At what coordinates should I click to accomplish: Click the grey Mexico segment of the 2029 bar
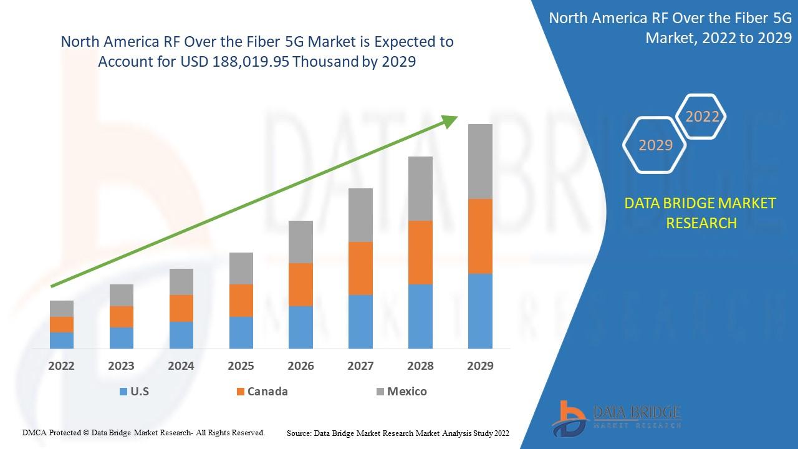(480, 162)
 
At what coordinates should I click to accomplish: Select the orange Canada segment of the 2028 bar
(420, 253)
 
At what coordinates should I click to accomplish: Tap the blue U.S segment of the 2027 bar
(360, 322)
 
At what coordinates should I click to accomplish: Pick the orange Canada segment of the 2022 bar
(62, 325)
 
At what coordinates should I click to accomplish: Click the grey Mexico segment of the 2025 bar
(241, 268)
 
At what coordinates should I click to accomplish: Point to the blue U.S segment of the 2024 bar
(181, 336)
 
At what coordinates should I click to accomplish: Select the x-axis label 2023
(121, 366)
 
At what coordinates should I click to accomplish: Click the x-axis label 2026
(300, 366)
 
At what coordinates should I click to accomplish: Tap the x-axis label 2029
(480, 366)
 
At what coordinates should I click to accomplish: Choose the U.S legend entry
(134, 392)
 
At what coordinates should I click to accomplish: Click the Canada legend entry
(262, 392)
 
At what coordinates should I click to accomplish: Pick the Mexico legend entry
(401, 392)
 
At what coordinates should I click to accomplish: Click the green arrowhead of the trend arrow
(449, 121)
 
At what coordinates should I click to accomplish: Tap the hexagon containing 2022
(701, 116)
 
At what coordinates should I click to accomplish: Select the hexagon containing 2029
(655, 145)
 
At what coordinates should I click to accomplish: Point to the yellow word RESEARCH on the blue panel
(701, 223)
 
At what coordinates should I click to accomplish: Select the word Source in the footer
(299, 433)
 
